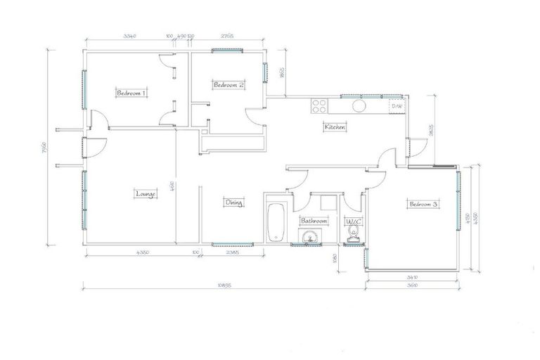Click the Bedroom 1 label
131,93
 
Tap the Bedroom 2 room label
229,85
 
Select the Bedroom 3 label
423,204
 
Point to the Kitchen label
335,127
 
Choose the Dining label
234,203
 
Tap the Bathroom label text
314,221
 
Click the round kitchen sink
359,106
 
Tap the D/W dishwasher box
397,106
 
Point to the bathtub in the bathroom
275,221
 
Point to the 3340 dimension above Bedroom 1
129,35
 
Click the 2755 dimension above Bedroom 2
227,35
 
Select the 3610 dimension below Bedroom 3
412,285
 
